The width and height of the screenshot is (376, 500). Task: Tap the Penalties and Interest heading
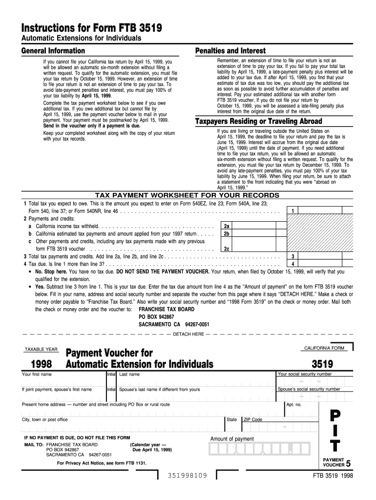(230, 51)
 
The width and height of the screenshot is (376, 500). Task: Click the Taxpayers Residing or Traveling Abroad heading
(258, 121)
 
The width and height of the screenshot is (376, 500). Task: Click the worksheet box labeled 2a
(227, 227)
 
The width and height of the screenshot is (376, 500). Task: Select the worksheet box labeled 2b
(227, 234)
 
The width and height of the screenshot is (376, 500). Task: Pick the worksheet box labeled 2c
(227, 249)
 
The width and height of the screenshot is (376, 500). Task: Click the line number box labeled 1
(292, 211)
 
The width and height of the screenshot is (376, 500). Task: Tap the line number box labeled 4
(292, 264)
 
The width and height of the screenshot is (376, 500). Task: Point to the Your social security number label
(305, 374)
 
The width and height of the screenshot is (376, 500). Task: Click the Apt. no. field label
(294, 405)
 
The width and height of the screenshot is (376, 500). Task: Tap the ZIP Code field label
(253, 419)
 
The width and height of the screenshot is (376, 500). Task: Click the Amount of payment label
(232, 438)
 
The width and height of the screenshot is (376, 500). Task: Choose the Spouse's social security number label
(309, 389)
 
